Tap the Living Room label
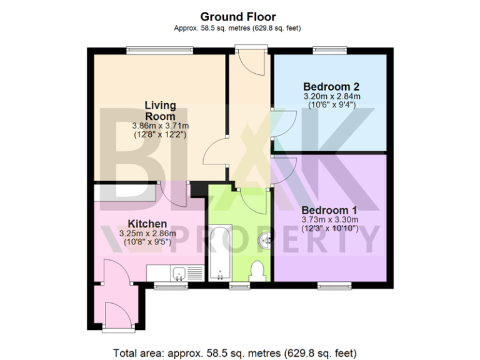tap(160, 111)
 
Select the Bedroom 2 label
tap(331, 86)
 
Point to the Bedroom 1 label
tap(329, 210)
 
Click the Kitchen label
tap(147, 224)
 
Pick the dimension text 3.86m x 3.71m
tap(160, 126)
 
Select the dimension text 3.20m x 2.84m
tap(331, 97)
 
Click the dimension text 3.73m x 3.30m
tap(329, 220)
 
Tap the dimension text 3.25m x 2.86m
tap(147, 234)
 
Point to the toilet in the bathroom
tap(256, 270)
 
